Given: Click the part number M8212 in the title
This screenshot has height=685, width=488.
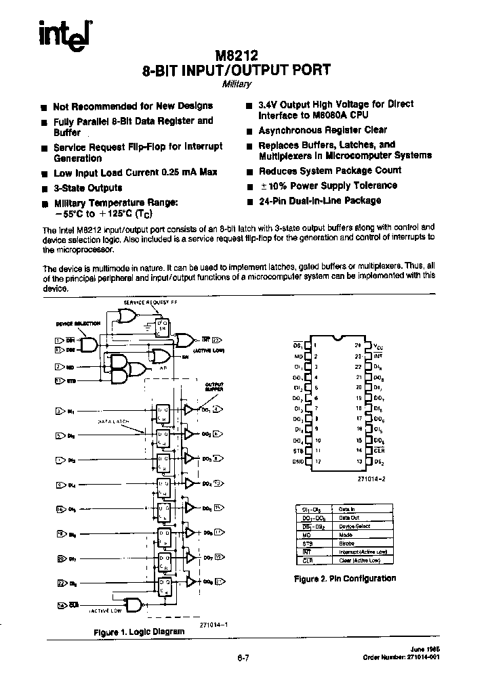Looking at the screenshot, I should pos(237,56).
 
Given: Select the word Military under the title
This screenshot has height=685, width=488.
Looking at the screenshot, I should pos(237,84).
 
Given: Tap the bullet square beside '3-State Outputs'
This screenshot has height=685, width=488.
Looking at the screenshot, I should pos(45,189).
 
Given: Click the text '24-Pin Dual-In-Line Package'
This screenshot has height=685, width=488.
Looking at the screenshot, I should pos(319,201).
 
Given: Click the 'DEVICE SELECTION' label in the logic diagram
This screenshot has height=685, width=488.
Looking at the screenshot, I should pos(78,324).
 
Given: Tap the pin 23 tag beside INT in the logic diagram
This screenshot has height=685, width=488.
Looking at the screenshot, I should pos(216,340).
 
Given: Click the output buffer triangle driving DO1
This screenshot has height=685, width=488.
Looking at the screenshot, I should pos(188,410).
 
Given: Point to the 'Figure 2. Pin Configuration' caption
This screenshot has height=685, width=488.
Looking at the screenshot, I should pos(344,578).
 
